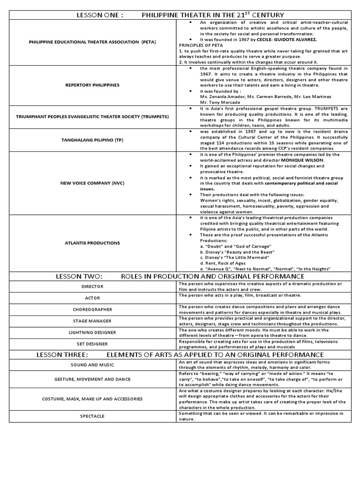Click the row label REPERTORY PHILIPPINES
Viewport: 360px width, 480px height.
(x=92, y=85)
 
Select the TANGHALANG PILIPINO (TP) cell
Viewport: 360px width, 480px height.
(x=92, y=140)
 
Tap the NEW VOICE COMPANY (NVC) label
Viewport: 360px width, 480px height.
(x=92, y=183)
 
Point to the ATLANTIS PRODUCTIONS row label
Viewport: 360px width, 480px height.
(x=92, y=243)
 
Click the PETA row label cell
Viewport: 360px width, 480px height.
(x=92, y=42)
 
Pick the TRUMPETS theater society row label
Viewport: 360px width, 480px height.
(x=92, y=117)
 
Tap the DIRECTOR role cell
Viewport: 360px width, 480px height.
(x=92, y=286)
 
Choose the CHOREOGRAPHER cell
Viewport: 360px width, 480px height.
(x=92, y=309)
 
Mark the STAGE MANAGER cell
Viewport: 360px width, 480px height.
(x=92, y=321)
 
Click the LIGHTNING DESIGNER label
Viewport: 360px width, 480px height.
(x=92, y=332)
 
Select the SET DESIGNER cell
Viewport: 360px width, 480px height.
(x=92, y=344)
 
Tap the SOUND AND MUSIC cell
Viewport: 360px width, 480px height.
(x=92, y=365)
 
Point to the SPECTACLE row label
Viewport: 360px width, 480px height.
(x=92, y=416)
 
